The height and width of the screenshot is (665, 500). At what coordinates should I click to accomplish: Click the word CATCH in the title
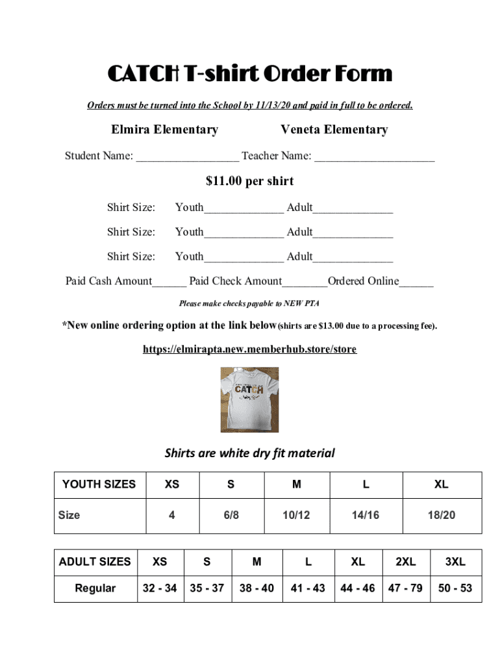pyautogui.click(x=144, y=75)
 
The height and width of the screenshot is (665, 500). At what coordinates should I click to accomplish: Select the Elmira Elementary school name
pyautogui.click(x=164, y=130)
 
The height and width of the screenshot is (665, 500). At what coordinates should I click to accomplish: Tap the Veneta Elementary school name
pyautogui.click(x=334, y=130)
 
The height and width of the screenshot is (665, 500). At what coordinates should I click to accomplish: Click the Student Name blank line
pyautogui.click(x=187, y=157)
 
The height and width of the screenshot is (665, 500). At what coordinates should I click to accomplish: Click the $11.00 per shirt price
pyautogui.click(x=249, y=181)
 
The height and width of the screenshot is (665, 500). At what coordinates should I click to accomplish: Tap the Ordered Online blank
pyautogui.click(x=416, y=282)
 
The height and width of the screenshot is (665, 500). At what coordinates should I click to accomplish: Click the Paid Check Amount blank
pyautogui.click(x=305, y=282)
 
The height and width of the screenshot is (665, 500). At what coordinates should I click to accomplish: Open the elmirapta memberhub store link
pyautogui.click(x=249, y=349)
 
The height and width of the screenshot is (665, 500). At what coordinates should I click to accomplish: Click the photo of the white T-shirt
pyautogui.click(x=249, y=399)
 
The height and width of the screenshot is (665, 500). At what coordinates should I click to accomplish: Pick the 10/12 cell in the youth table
pyautogui.click(x=296, y=516)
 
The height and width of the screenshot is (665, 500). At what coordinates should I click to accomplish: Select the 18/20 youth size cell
pyautogui.click(x=442, y=516)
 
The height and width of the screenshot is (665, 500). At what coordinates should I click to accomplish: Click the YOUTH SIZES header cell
pyautogui.click(x=99, y=484)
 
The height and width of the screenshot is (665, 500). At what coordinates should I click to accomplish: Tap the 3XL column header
pyautogui.click(x=455, y=562)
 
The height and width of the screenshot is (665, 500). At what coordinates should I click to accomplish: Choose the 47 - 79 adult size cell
pyautogui.click(x=405, y=588)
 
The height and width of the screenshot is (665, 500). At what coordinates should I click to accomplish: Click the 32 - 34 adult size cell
pyautogui.click(x=160, y=588)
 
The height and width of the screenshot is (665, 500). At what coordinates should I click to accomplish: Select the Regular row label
pyautogui.click(x=95, y=588)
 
